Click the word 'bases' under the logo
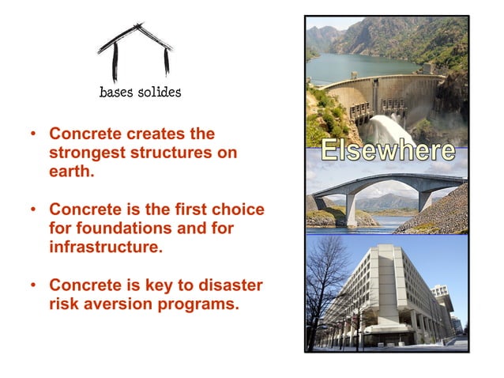(116, 93)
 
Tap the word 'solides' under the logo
(158, 93)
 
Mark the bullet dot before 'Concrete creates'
(34, 135)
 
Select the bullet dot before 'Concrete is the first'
(34, 211)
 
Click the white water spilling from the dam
(379, 127)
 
